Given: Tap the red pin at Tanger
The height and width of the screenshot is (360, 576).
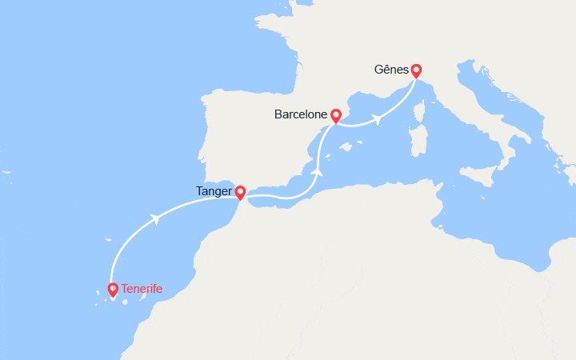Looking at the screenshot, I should [240, 192].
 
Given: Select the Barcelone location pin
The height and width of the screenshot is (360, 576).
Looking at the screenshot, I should [336, 116].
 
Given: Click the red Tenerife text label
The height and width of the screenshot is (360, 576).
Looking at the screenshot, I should [142, 289].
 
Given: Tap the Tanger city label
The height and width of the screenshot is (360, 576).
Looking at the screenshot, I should [213, 192].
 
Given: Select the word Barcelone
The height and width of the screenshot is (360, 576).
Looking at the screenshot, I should [300, 115].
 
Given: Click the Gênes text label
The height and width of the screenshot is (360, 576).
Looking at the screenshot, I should [390, 70].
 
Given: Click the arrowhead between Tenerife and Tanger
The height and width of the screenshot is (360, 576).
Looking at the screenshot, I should [153, 218].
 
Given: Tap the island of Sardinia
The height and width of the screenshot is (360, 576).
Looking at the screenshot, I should [418, 139].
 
